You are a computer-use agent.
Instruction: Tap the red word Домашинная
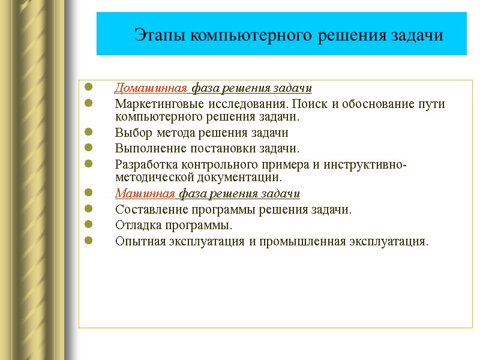[152, 89]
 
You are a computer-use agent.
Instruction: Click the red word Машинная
[146, 194]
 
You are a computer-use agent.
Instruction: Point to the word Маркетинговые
[153, 104]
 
